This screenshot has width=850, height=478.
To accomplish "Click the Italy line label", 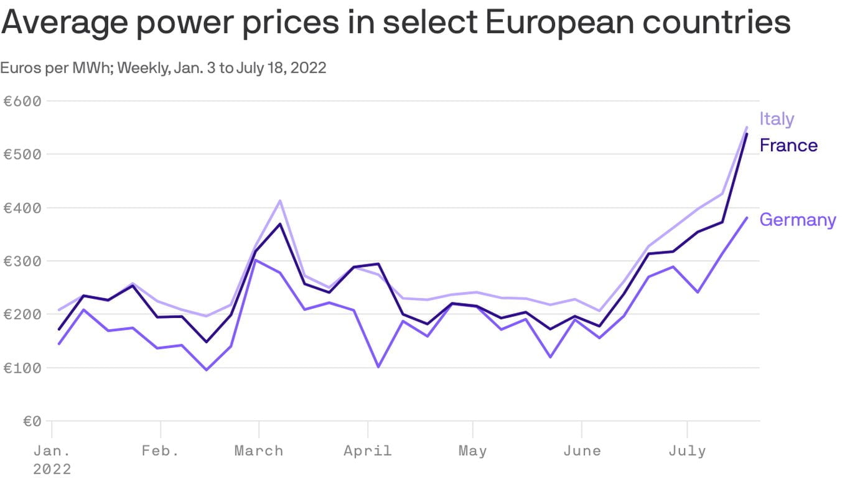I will [x=777, y=119].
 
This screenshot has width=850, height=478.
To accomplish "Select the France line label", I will [x=788, y=146].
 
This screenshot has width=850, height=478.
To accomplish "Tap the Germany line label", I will [x=798, y=220].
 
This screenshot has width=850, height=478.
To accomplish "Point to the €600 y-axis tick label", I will [x=22, y=101].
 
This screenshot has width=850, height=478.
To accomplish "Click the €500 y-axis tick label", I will [x=22, y=154].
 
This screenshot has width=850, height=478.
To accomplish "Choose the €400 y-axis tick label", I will [x=22, y=208].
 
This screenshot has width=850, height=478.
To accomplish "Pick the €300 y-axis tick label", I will [x=22, y=261].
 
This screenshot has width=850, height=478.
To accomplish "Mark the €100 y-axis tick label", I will [x=22, y=368].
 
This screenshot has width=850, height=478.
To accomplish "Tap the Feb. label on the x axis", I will [x=161, y=451].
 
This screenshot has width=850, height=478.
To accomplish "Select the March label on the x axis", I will [x=258, y=451].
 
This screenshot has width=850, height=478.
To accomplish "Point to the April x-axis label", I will [x=368, y=451].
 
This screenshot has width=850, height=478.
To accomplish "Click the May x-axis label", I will [x=472, y=451].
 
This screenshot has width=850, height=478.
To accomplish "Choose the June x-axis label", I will [x=582, y=451].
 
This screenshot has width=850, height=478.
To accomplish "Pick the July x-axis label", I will [x=687, y=451].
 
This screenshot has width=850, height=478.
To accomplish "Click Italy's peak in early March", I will [x=280, y=200].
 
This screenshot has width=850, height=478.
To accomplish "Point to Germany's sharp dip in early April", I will [x=378, y=367].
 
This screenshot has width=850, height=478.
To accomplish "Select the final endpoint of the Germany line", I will [x=747, y=217].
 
